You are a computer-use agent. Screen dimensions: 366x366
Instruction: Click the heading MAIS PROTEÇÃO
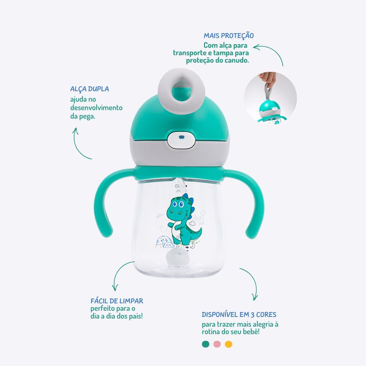click(x=228, y=36)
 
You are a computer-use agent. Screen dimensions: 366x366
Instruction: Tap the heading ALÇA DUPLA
click(x=89, y=89)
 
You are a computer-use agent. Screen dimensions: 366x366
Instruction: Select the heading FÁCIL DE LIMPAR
click(x=117, y=301)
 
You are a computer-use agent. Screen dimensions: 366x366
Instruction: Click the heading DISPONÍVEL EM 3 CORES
click(x=239, y=315)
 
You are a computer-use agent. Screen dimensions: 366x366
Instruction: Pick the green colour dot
click(x=205, y=344)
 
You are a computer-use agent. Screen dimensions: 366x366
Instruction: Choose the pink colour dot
click(x=217, y=344)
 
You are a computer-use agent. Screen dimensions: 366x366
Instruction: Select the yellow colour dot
click(x=228, y=344)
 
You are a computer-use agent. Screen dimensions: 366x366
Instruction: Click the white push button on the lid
click(x=181, y=140)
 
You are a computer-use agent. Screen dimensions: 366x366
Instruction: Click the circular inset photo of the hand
click(x=270, y=97)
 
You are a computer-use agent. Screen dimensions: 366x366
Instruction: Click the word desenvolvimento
click(x=97, y=108)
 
